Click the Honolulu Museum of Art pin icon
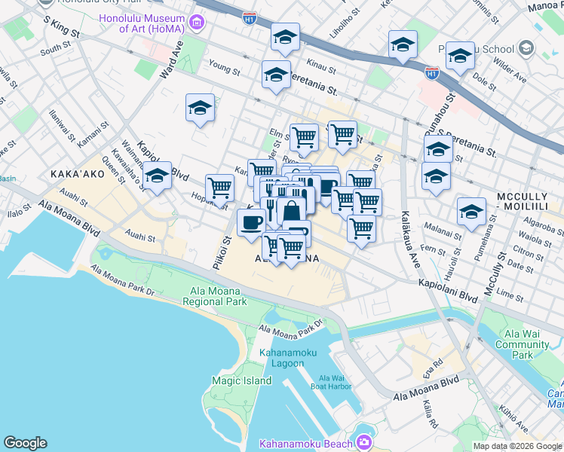(x=197, y=23)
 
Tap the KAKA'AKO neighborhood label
(x=75, y=174)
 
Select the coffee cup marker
(x=251, y=221)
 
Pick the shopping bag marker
(x=291, y=210)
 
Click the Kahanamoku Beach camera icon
(x=365, y=442)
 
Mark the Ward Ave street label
(x=171, y=60)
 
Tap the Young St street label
(x=224, y=68)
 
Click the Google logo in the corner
(x=25, y=443)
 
